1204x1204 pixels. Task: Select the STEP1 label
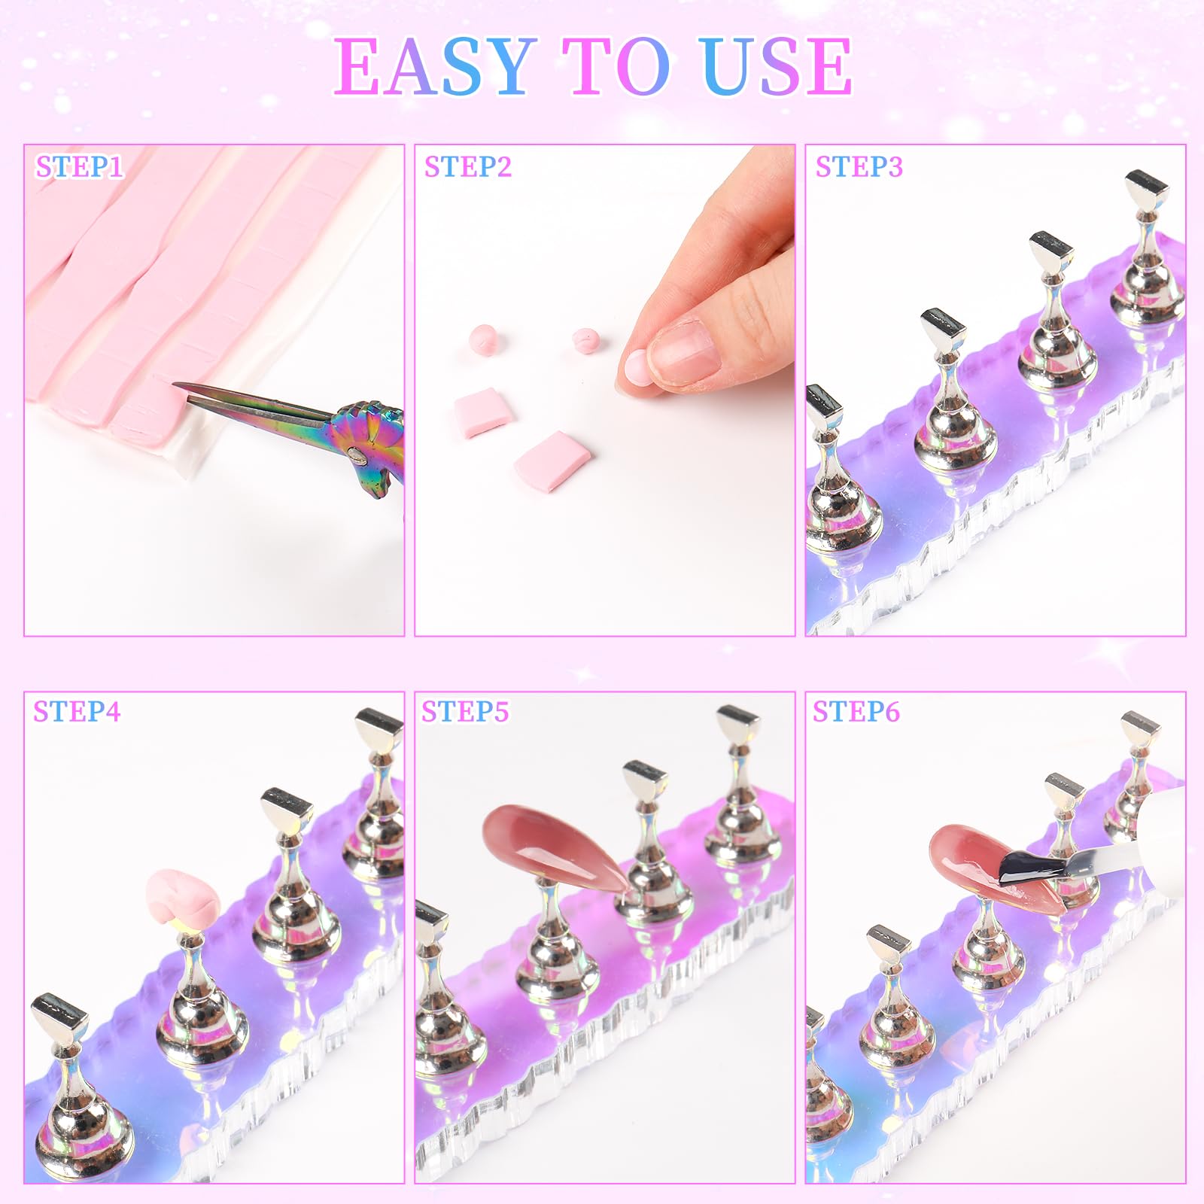point(79,167)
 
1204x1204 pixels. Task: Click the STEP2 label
point(467,167)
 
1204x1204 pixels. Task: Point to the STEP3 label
point(859,167)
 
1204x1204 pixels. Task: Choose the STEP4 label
point(77,712)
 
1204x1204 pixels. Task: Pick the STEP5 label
point(465,712)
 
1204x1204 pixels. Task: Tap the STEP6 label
point(856,712)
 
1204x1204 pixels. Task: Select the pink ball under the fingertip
point(632,370)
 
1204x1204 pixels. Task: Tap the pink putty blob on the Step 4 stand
point(181,895)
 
